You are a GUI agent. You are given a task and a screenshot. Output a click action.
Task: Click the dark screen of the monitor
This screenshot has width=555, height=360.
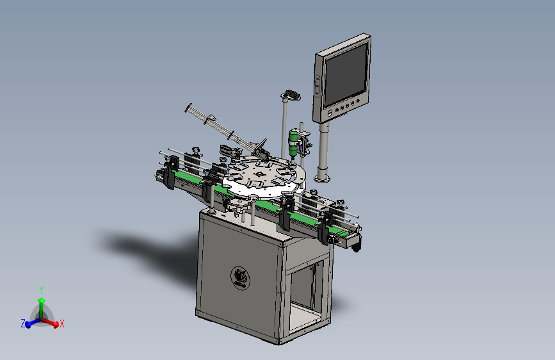(346, 74)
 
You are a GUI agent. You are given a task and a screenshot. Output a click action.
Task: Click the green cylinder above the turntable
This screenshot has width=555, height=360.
(293, 143)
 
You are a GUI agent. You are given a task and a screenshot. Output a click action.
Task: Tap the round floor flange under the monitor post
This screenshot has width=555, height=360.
(322, 179)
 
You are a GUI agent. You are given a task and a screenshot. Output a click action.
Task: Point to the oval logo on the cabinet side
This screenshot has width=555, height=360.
(240, 279)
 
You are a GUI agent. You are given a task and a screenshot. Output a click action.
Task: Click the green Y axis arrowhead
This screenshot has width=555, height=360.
(42, 300)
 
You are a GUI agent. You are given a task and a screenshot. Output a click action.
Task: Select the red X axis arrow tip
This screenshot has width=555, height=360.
(56, 324)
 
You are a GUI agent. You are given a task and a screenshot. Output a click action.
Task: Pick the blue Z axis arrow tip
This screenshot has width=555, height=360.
(28, 325)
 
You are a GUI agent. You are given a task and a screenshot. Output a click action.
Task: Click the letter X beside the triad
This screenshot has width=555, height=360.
(62, 323)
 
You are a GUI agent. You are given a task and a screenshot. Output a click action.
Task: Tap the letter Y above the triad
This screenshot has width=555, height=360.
(42, 290)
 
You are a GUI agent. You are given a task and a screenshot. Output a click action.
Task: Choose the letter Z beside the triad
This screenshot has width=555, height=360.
(23, 323)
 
